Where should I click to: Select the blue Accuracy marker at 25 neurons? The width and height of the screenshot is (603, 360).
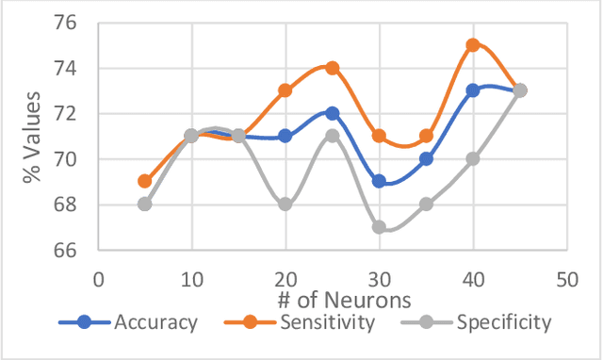[x=332, y=113]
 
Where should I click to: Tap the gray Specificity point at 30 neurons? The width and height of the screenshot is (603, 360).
[x=379, y=227]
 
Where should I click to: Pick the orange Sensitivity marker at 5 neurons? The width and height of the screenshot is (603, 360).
[x=144, y=181]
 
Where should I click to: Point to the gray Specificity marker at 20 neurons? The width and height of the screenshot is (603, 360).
[x=285, y=204]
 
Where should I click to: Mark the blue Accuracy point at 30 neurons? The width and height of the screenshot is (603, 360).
[x=379, y=181]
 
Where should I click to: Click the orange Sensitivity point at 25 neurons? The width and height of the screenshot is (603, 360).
[x=332, y=68]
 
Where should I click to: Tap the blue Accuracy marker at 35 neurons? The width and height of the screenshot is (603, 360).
[x=426, y=158]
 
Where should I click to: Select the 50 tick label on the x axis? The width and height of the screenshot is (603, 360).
[x=566, y=279]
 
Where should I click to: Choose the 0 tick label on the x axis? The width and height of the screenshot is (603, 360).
[x=98, y=279]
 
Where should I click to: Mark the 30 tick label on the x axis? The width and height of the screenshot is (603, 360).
[x=379, y=279]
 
